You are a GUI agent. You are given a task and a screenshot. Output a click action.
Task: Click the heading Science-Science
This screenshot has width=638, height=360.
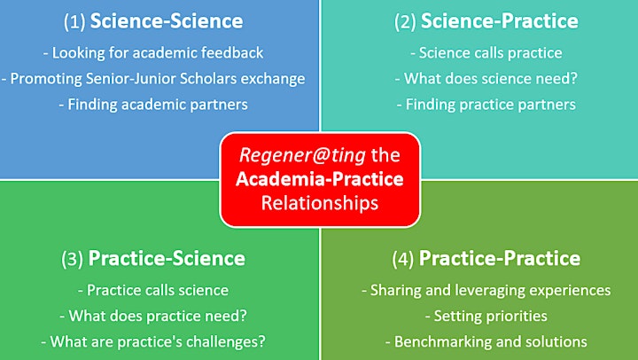pos(167,20)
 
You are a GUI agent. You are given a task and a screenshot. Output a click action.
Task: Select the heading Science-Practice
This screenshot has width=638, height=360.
pos(499,20)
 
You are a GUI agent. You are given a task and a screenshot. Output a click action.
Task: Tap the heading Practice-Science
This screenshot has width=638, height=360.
pos(167,258)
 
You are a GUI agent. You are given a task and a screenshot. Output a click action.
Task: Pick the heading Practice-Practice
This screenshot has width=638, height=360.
pos(500,258)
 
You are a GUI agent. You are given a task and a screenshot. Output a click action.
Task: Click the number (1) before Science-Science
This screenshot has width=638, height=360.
pos(74,21)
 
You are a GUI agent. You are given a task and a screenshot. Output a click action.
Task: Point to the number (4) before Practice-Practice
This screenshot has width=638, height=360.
pos(403,259)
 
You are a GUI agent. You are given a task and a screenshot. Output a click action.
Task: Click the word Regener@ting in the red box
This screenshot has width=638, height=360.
pos(302,155)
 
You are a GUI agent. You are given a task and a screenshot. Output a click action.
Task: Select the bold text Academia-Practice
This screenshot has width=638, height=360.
pos(320,179)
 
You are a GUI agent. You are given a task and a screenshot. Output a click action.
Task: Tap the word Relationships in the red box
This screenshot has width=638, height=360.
pos(320,203)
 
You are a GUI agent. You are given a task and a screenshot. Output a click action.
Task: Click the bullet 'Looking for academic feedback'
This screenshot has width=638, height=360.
pos(153,53)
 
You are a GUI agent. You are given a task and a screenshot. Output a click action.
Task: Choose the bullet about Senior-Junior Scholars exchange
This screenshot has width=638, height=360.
pos(153,79)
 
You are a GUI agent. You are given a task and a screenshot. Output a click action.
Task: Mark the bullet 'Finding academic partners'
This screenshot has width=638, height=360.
pos(153,105)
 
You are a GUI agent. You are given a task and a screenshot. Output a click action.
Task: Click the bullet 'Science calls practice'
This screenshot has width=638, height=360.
pos(486,53)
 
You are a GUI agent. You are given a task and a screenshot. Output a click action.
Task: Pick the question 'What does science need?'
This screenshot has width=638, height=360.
pos(486,79)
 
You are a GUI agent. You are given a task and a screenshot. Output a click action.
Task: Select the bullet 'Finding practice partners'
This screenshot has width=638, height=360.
pos(486,105)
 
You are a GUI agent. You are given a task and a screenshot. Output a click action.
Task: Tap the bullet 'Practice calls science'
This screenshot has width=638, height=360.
pos(153,290)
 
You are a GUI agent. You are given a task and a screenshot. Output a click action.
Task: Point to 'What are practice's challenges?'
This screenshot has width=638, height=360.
pos(153,341)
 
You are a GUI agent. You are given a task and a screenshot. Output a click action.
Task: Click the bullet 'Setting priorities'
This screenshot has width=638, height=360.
pos(486,316)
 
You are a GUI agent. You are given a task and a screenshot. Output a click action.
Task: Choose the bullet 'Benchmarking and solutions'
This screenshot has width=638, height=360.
pos(486,341)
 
